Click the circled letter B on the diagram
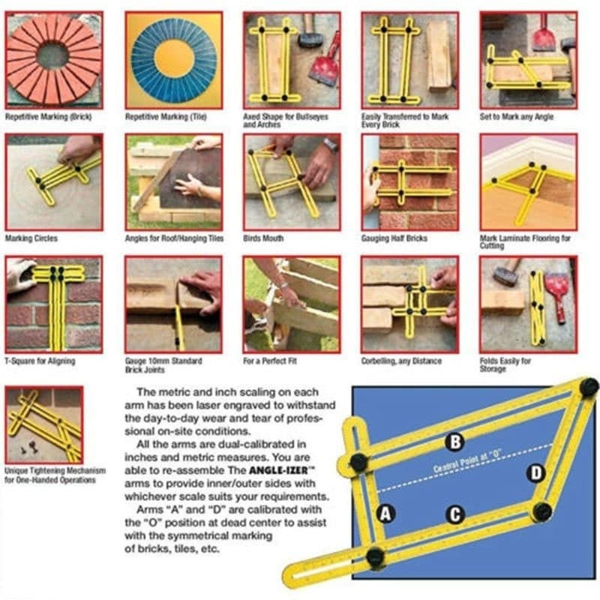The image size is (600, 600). click(x=455, y=442)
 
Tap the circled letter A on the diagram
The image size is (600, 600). click(x=385, y=514)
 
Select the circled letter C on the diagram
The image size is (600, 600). click(x=455, y=514)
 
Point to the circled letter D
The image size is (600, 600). click(x=536, y=473)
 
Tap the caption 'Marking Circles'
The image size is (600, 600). click(x=31, y=238)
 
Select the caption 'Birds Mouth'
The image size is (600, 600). click(x=263, y=238)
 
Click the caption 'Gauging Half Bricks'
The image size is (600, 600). click(x=394, y=238)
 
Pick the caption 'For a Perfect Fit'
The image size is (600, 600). click(x=270, y=361)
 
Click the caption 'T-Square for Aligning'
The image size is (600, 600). click(x=40, y=361)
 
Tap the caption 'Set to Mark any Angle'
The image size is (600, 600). click(x=517, y=117)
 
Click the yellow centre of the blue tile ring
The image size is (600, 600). click(x=174, y=60)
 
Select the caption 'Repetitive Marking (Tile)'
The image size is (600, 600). click(x=166, y=117)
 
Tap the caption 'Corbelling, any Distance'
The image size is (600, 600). click(x=401, y=361)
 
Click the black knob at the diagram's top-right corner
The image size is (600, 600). click(x=589, y=387)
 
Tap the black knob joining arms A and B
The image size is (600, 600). click(x=358, y=462)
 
